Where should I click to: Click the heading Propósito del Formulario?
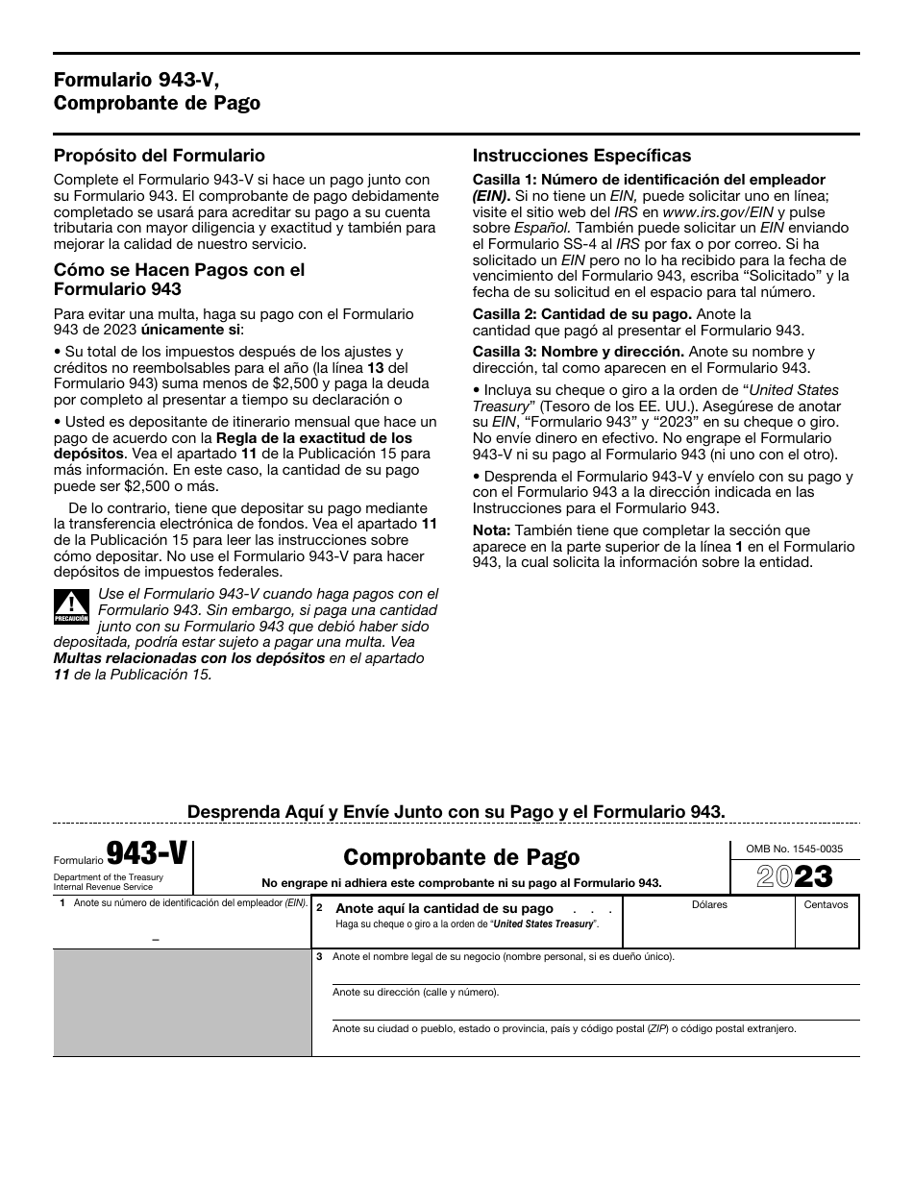click(160, 156)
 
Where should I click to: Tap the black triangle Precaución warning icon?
click(71, 607)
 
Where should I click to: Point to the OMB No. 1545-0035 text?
click(794, 849)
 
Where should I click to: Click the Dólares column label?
click(709, 904)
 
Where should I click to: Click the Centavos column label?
click(826, 904)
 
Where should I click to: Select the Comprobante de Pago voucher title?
click(461, 856)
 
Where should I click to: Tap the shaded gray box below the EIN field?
click(182, 1002)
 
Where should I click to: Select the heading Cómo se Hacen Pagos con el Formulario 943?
click(179, 279)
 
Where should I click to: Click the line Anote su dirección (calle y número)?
click(415, 992)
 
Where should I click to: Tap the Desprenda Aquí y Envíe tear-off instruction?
click(456, 811)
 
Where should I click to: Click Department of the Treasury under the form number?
click(108, 877)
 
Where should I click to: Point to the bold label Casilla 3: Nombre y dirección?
click(578, 352)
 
